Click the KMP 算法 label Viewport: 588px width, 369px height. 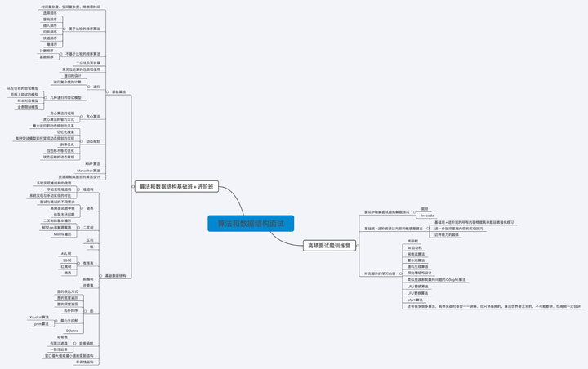pos(93,163)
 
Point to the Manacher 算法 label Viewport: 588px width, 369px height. pos(89,170)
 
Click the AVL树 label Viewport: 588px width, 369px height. pos(66,253)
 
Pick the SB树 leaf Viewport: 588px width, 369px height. pos(66,260)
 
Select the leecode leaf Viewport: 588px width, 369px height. pos(427,215)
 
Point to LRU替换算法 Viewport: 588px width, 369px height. pos(417,287)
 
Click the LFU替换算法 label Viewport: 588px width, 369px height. pos(417,293)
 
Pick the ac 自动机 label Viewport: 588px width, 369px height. pos(415,247)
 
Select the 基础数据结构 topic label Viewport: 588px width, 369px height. pos(114,276)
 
